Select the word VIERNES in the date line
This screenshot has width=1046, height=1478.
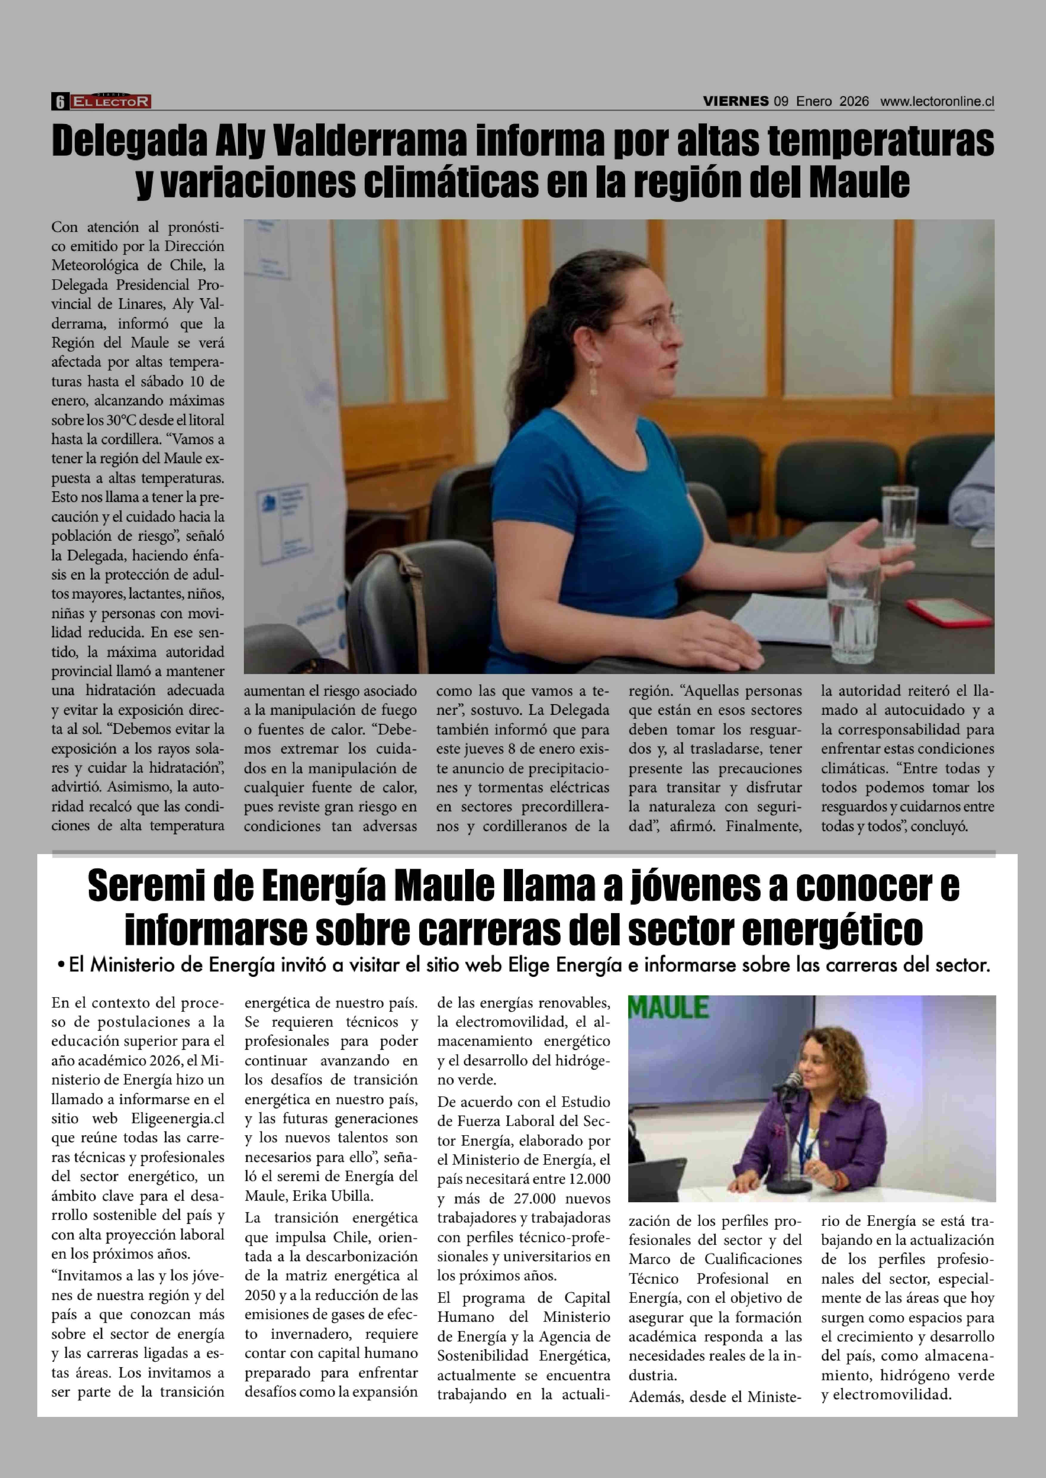(x=736, y=101)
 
